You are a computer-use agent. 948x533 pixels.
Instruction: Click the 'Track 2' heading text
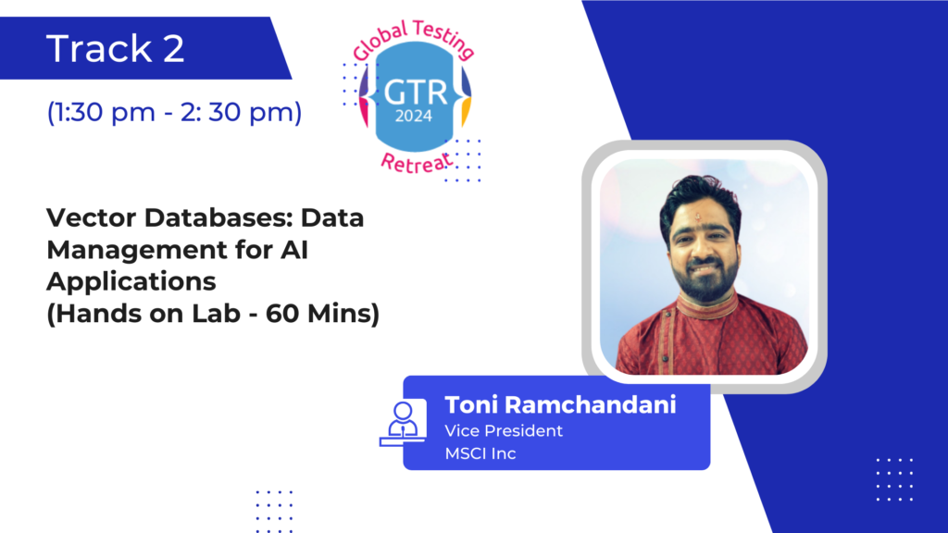click(115, 48)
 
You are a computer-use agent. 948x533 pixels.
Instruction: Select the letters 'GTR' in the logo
click(416, 93)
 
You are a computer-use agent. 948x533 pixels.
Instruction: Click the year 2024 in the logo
click(414, 116)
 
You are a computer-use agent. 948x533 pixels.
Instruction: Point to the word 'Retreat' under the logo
click(417, 163)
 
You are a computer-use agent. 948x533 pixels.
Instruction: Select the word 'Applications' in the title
click(131, 281)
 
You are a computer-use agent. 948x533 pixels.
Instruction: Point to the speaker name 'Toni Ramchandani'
click(560, 405)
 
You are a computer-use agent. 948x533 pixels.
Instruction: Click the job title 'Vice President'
click(504, 431)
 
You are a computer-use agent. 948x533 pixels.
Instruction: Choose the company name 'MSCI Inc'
click(480, 453)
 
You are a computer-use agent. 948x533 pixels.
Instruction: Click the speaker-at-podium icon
click(403, 423)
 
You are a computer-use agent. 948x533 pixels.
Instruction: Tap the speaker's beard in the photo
click(705, 279)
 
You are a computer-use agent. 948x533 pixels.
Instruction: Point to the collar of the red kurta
click(707, 305)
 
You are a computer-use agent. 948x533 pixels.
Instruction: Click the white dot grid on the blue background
click(895, 480)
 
